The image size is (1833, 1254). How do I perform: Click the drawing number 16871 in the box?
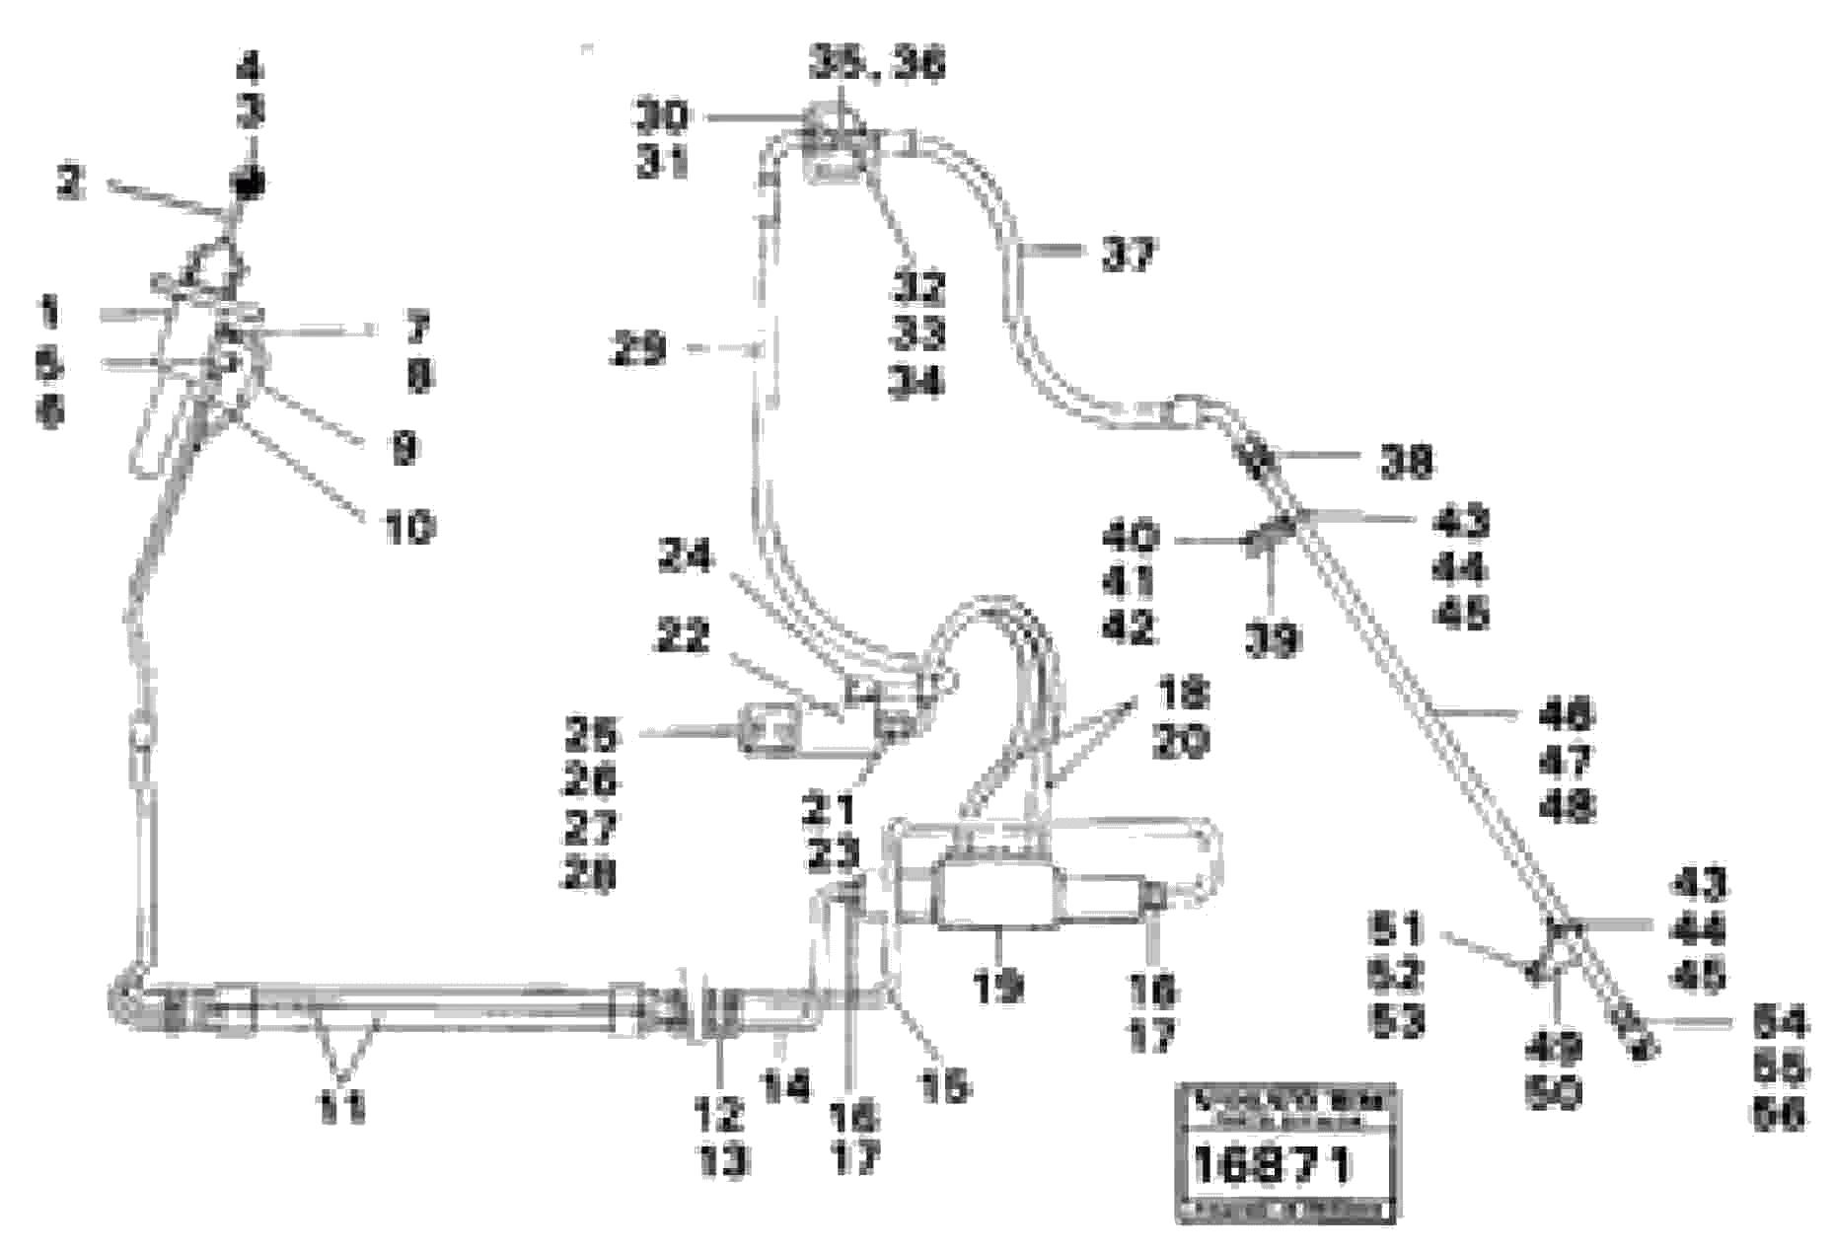point(1272,1167)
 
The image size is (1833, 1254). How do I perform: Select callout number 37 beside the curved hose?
point(1126,256)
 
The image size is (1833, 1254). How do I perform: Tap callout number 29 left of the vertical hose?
point(639,348)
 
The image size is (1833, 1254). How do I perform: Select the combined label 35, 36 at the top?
point(877,65)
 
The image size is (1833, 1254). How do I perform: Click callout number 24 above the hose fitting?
point(685,559)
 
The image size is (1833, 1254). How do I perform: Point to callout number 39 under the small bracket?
point(1272,641)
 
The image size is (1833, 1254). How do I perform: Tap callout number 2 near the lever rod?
point(70,184)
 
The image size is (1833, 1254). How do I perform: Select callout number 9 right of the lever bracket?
point(404,449)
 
